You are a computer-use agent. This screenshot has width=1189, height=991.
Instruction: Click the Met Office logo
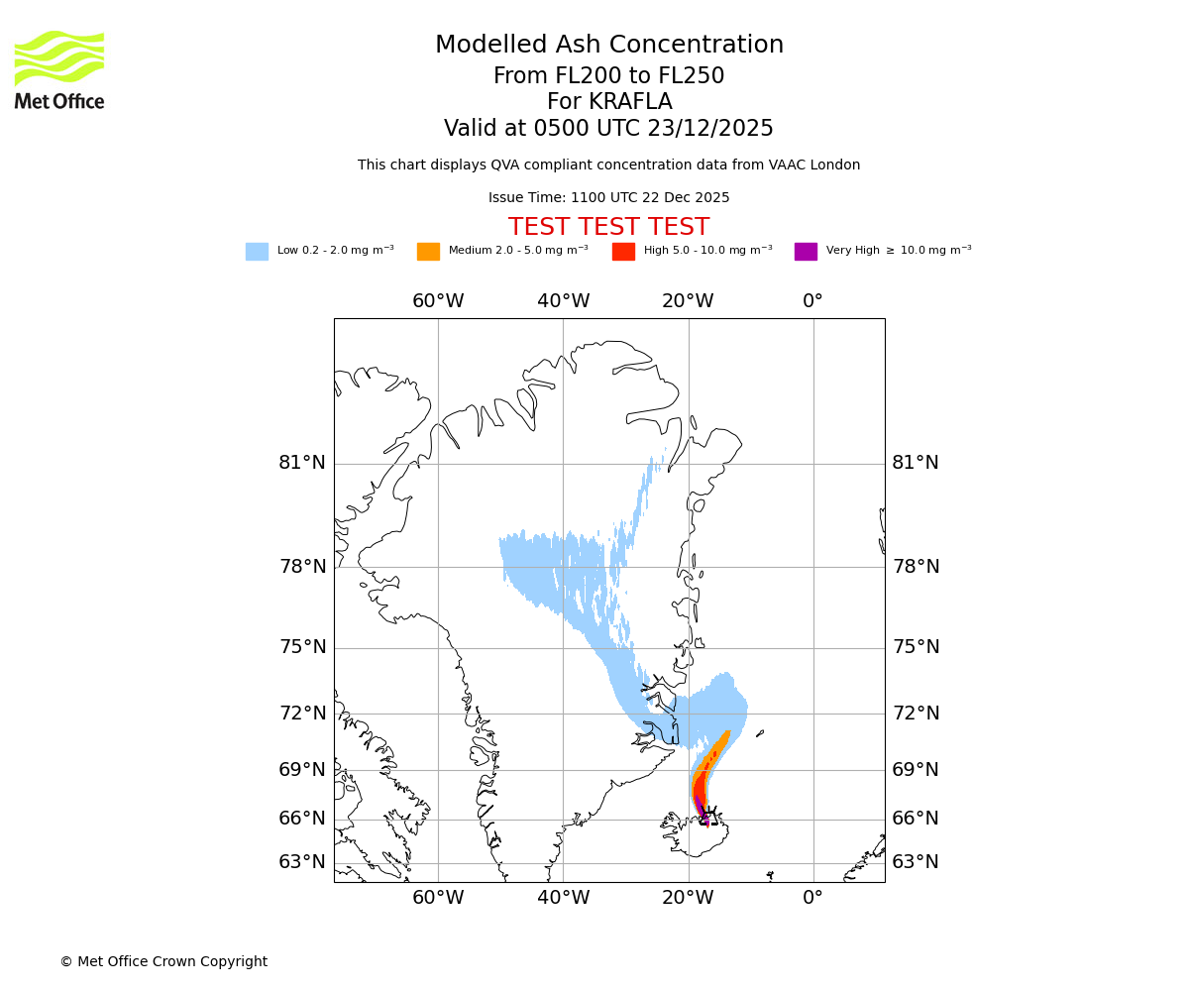[x=59, y=69]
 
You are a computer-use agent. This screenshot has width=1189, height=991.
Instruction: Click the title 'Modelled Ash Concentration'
[x=609, y=46]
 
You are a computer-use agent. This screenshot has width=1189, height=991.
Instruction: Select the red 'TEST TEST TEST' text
[x=608, y=228]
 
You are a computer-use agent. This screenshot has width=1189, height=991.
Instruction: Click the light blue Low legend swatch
[x=257, y=252]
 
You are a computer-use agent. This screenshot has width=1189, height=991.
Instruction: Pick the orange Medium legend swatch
[x=428, y=252]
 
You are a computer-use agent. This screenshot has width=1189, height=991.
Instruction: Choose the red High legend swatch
[x=623, y=252]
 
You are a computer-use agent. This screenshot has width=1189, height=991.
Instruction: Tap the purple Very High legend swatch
[x=806, y=252]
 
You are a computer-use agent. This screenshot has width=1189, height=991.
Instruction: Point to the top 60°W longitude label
[x=438, y=301]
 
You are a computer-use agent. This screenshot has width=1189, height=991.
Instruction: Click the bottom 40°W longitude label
[x=563, y=898]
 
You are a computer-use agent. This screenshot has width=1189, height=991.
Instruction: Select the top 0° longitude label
[x=812, y=301]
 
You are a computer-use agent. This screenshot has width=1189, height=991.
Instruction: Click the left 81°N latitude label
[x=301, y=463]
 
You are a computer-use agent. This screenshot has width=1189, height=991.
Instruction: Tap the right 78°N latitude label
[x=916, y=567]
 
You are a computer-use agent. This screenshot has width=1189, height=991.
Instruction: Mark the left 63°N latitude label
[x=301, y=862]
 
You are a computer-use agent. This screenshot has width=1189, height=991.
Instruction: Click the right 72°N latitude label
[x=916, y=714]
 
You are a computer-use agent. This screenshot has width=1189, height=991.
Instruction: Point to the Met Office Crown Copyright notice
[x=163, y=962]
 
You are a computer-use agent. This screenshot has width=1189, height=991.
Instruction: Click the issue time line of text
[x=608, y=198]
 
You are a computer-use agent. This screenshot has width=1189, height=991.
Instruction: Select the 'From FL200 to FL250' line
[x=608, y=76]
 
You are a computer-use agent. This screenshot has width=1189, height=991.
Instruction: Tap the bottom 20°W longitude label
[x=688, y=898]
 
